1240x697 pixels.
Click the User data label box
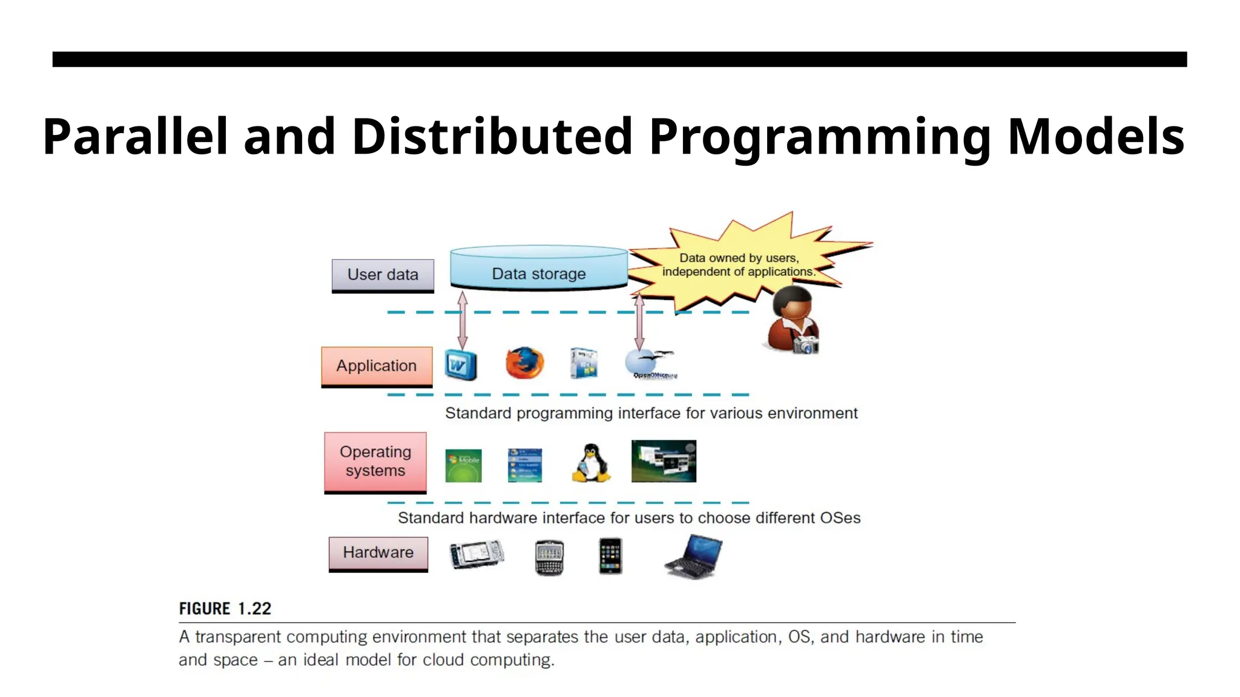click(x=383, y=275)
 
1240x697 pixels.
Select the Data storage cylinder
click(x=538, y=269)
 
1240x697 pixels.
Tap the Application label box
click(x=377, y=366)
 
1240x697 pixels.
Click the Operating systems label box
click(x=375, y=462)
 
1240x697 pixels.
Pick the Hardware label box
click(x=378, y=553)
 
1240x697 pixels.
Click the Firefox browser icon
click(x=524, y=363)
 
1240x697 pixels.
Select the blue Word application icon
click(x=461, y=365)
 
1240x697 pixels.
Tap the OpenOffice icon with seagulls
click(x=649, y=364)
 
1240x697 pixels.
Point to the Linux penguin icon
click(x=591, y=464)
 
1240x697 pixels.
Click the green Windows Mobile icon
click(x=463, y=465)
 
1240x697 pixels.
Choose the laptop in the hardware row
click(x=694, y=557)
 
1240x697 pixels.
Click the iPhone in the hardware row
click(x=610, y=555)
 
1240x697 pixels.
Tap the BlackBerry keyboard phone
click(x=549, y=557)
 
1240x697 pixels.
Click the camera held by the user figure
click(x=806, y=346)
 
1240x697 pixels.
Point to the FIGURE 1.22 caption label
click(x=225, y=609)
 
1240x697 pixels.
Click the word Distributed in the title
click(x=492, y=137)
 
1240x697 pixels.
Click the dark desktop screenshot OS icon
click(x=664, y=461)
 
